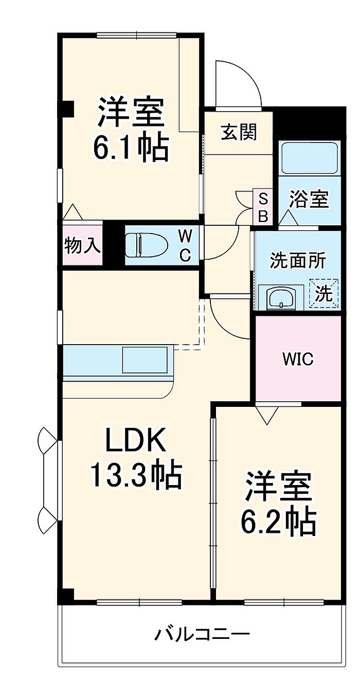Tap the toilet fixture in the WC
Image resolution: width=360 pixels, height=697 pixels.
147,244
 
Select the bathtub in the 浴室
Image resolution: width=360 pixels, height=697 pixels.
309,156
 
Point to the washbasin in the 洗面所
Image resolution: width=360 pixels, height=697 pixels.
280,297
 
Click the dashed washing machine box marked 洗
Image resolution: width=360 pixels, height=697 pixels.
325,293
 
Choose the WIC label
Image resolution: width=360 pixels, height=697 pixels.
298,359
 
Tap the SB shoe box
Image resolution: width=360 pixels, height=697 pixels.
263,207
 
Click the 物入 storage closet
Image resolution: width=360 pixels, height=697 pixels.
82,245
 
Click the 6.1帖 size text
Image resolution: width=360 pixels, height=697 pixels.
131,148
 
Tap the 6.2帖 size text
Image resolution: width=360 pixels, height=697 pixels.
278,521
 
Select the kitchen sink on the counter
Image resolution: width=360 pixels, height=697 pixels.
145,360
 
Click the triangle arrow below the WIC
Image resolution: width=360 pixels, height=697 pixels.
267,415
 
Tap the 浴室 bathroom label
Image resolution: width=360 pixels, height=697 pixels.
309,200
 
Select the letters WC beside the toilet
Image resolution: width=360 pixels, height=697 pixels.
185,245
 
